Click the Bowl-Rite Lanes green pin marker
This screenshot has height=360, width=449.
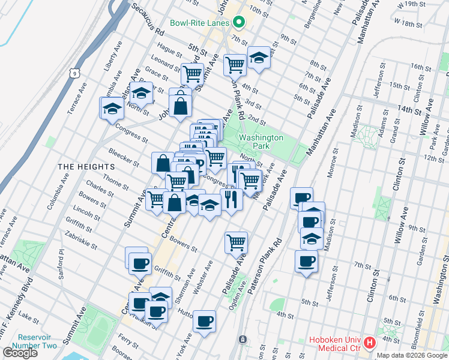(x=239, y=23)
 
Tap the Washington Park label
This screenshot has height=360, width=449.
(x=261, y=142)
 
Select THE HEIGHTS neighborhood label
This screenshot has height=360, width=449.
(x=86, y=166)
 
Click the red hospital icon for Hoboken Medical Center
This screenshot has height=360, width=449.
(x=370, y=344)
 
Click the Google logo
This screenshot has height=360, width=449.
(x=20, y=353)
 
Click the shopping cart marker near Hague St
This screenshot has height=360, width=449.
(x=192, y=74)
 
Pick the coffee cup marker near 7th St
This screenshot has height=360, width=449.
(x=306, y=262)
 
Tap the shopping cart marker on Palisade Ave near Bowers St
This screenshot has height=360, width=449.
(x=237, y=242)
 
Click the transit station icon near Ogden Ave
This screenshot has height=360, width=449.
(x=243, y=340)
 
